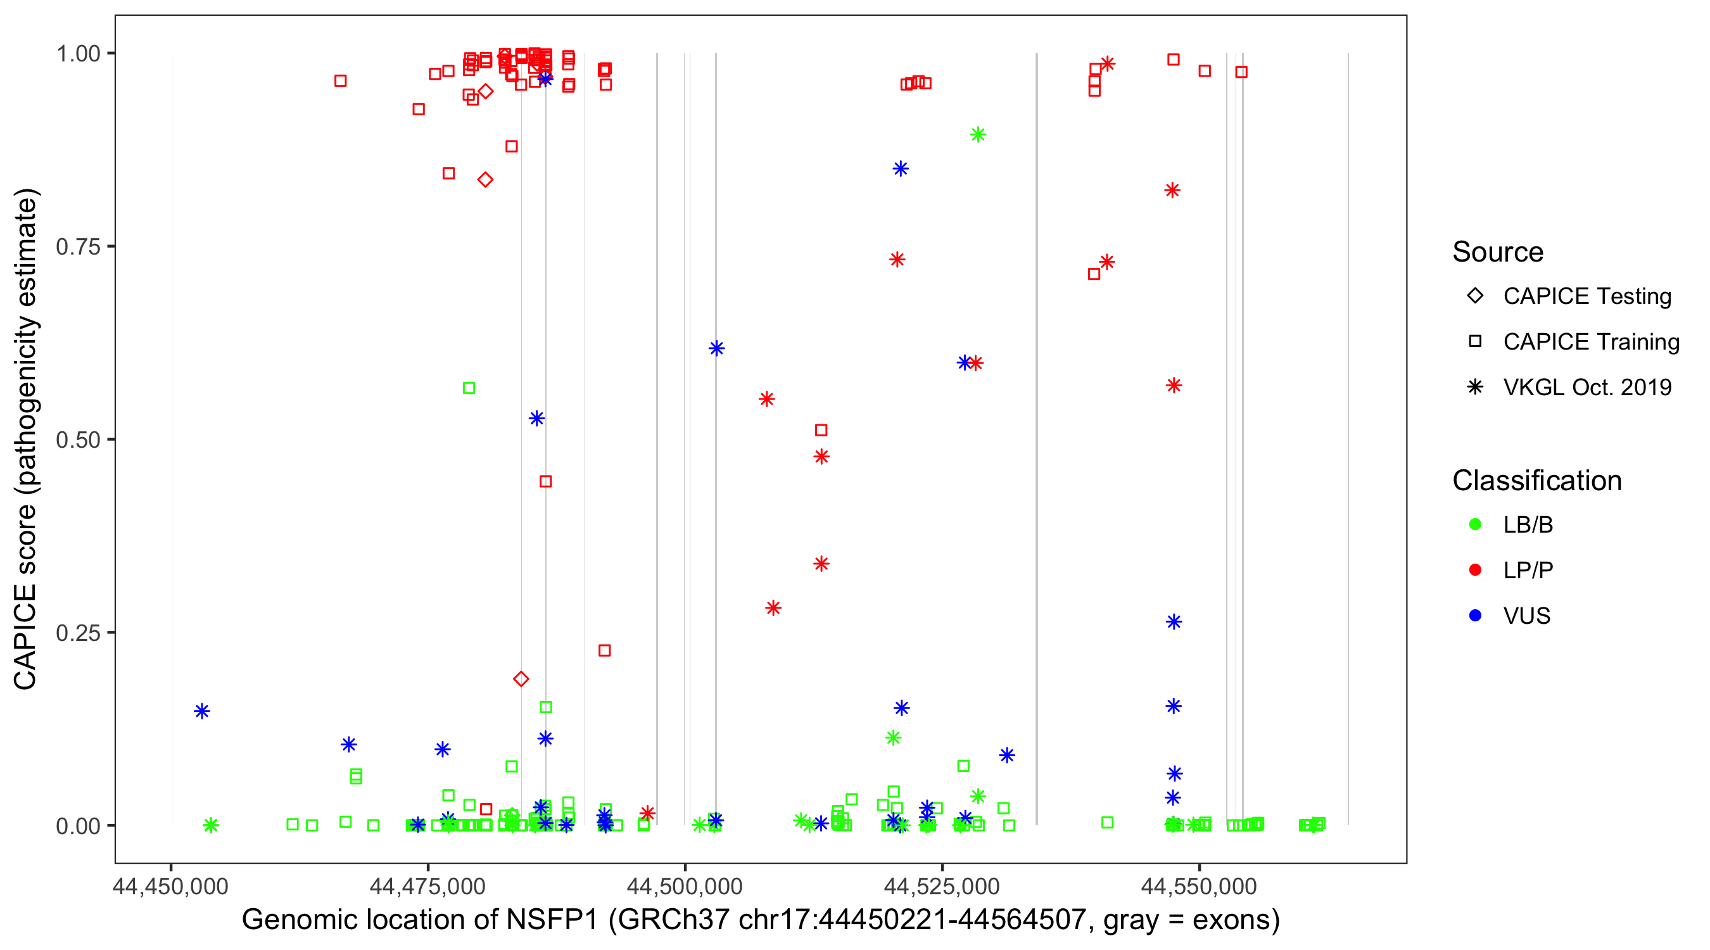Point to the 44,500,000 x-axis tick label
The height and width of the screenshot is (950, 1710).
point(685,886)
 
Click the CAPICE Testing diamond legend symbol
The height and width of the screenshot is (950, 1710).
point(1475,296)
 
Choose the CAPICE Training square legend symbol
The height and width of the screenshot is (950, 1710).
point(1475,342)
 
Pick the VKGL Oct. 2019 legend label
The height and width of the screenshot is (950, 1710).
point(1587,388)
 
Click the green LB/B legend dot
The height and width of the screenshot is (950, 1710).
point(1475,524)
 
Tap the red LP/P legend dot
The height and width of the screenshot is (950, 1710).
point(1475,570)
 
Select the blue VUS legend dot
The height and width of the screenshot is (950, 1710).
point(1475,616)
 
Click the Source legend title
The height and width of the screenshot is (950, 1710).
point(1498,252)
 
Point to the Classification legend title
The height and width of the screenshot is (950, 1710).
point(1536,481)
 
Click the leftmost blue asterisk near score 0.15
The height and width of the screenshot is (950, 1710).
point(202,711)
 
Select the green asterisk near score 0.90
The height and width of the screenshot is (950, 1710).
point(977,135)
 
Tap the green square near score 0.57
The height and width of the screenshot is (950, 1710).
point(469,388)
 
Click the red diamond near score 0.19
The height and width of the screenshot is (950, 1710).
point(521,678)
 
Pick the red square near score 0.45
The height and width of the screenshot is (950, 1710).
point(546,481)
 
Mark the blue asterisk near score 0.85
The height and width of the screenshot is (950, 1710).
point(900,168)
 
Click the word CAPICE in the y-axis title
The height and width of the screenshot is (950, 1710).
point(25,637)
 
